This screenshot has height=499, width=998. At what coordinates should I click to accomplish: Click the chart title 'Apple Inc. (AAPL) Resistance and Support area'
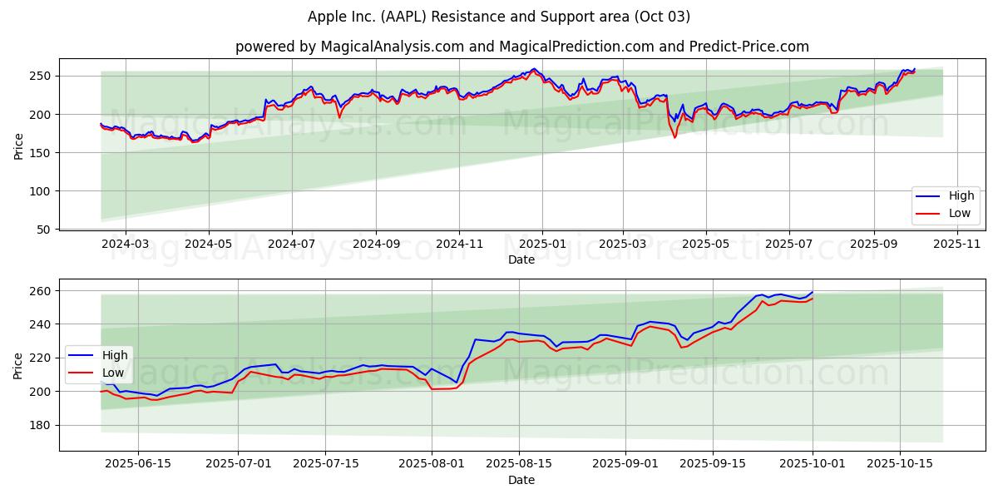point(499,17)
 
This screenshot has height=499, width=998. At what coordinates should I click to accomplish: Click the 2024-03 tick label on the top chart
point(126,245)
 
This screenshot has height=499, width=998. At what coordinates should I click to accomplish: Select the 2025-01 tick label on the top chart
point(542,245)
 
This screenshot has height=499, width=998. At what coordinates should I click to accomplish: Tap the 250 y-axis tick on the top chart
point(42,76)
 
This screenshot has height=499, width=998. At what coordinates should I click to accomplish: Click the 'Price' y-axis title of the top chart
point(18,146)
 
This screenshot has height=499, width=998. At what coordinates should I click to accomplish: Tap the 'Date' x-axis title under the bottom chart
point(521,480)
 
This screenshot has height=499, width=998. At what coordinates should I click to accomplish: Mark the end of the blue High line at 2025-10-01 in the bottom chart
point(813,292)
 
